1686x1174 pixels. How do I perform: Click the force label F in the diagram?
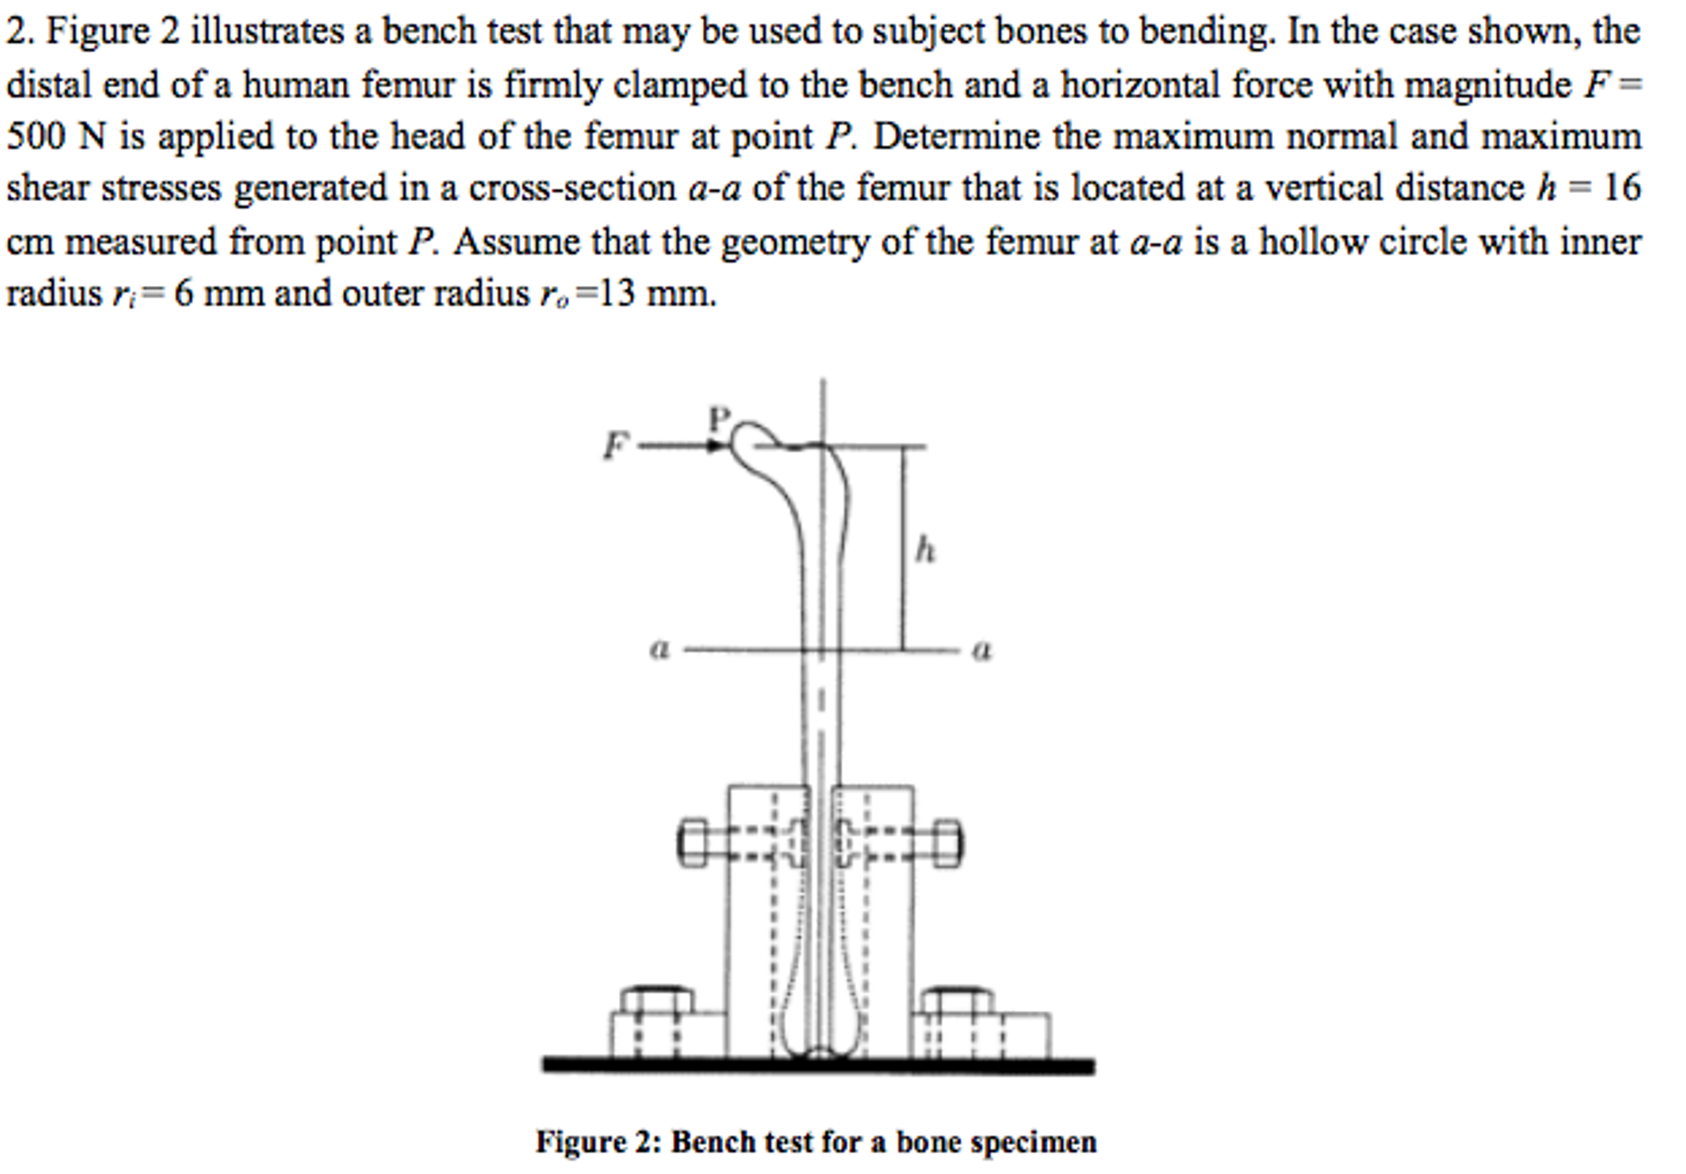tap(614, 446)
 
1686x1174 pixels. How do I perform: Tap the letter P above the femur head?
tap(719, 419)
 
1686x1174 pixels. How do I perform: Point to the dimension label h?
tap(925, 549)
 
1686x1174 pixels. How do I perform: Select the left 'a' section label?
tap(659, 650)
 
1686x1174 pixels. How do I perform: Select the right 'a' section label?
tap(981, 651)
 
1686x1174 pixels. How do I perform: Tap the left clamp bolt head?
tap(693, 843)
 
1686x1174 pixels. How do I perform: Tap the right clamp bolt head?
tap(948, 843)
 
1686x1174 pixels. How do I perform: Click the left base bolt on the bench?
tap(656, 1000)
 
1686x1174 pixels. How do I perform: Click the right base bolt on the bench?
tap(956, 1000)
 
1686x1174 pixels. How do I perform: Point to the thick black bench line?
tap(817, 1066)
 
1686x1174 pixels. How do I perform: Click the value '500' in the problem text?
tap(35, 137)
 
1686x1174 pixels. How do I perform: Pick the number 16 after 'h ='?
tap(1622, 189)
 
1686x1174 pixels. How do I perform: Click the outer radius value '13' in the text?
tap(617, 293)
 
